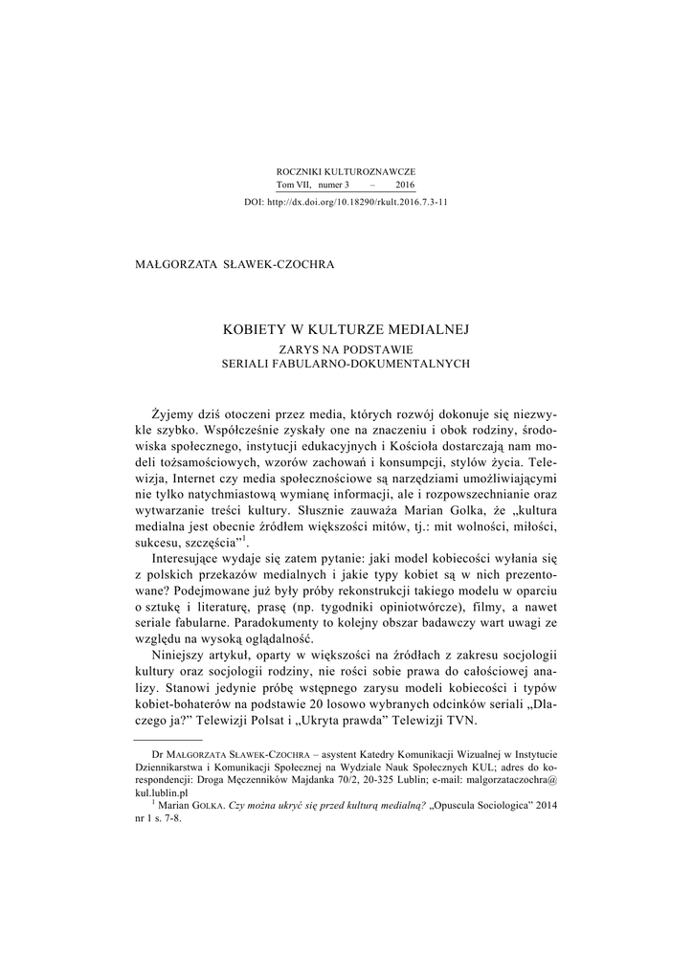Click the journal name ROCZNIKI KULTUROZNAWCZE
click(x=346, y=170)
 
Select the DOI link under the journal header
click(x=346, y=203)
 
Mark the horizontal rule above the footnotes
click(x=168, y=740)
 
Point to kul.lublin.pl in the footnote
click(x=162, y=793)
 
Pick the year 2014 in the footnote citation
click(x=545, y=806)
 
